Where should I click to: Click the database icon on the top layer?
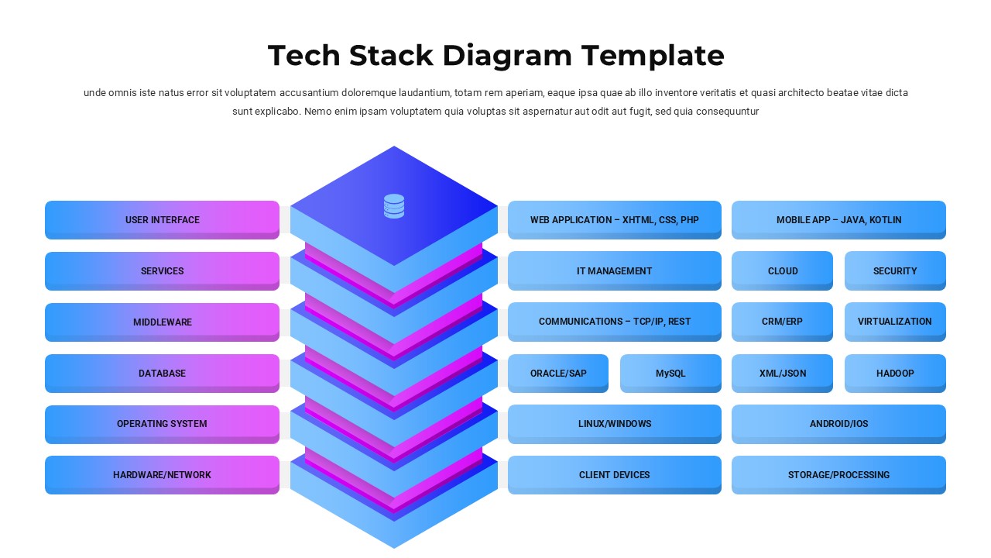pos(394,206)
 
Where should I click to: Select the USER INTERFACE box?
pos(162,219)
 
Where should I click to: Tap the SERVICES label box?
pos(162,270)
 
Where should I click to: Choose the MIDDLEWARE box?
pos(162,322)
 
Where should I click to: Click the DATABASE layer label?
pos(162,373)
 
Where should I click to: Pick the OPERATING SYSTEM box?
pos(162,424)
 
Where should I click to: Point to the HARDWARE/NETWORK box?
pos(162,474)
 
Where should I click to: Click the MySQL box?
pos(670,373)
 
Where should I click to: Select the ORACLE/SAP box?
pos(558,373)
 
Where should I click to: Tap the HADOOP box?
pos(895,373)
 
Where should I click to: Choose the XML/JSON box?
pos(782,373)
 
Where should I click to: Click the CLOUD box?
pos(782,270)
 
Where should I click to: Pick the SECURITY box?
pos(895,270)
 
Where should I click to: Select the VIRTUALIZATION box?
pos(895,321)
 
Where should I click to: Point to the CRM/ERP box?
pos(782,321)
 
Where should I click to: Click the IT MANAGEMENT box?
pos(614,270)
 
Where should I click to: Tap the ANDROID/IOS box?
pos(838,424)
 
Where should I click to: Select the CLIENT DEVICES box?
pos(614,474)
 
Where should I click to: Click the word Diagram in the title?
pos(507,56)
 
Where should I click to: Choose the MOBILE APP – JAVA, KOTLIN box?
pos(838,219)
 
